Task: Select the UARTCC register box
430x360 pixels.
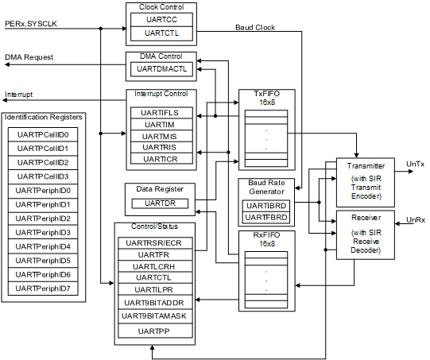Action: [160, 20]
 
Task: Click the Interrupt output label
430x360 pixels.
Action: [19, 95]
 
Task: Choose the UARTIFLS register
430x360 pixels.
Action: [160, 113]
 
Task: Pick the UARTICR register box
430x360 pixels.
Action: [160, 159]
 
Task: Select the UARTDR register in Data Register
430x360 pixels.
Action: [160, 203]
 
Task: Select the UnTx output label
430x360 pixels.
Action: [415, 164]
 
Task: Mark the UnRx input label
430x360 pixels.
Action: [415, 219]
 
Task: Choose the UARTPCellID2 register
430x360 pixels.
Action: [43, 162]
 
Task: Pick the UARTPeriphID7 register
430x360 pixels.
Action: [43, 288]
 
